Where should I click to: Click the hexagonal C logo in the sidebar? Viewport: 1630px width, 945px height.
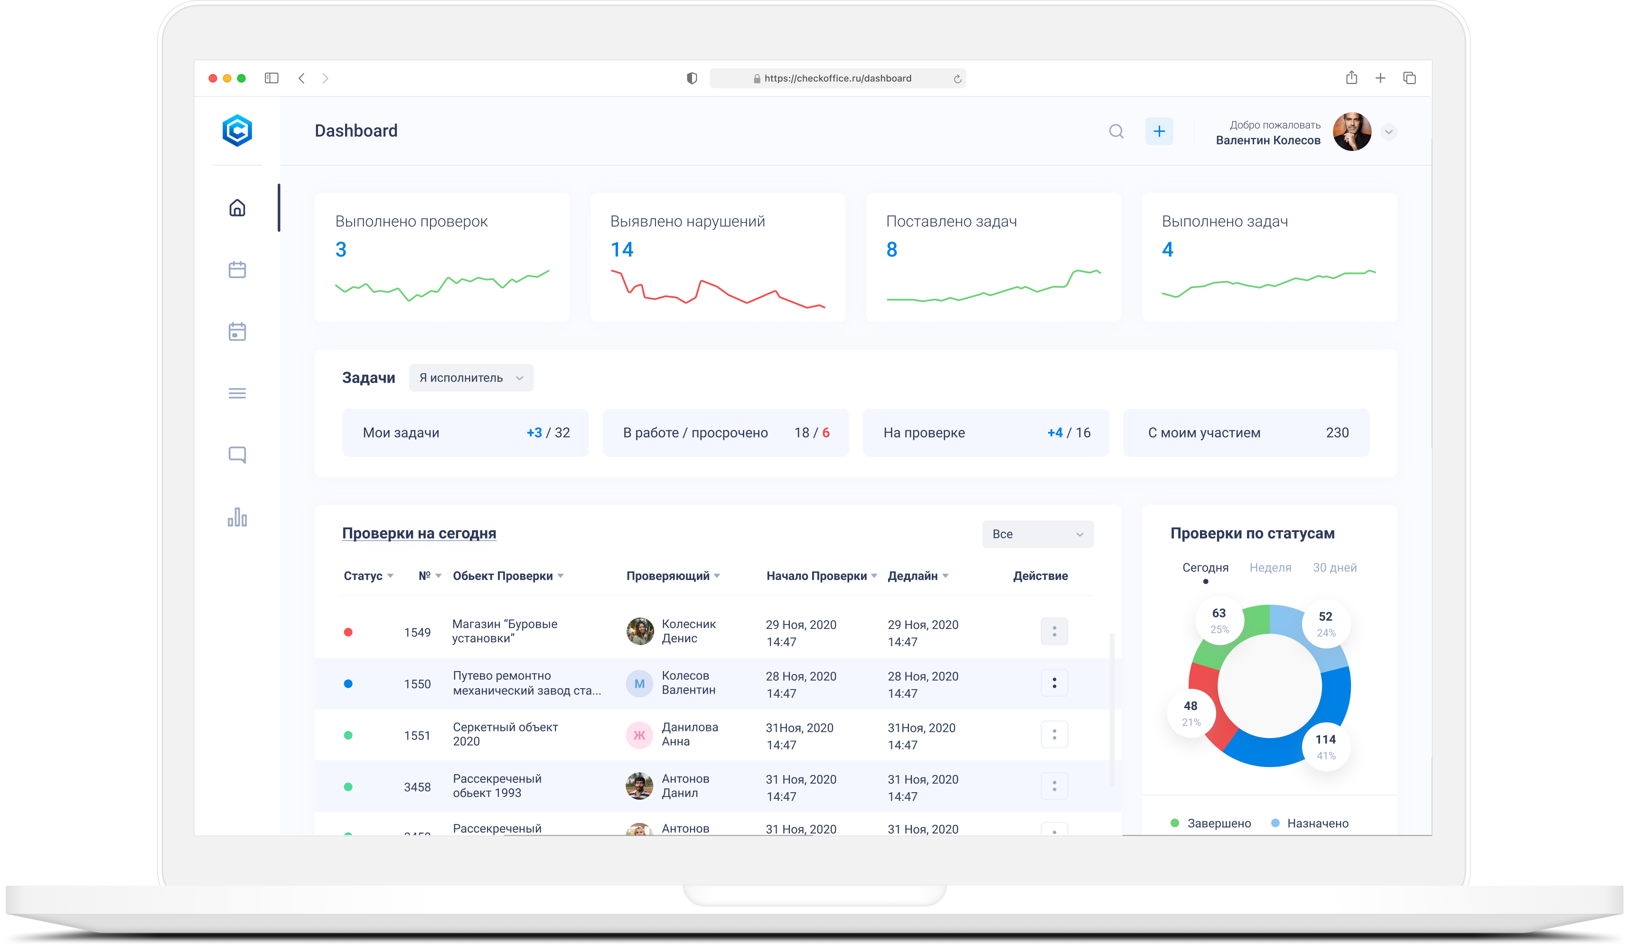(237, 131)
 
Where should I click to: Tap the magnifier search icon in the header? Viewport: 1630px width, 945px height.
(1116, 131)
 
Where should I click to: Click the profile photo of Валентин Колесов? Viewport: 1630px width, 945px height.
(1351, 132)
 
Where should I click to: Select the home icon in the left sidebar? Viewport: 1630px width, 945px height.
(237, 207)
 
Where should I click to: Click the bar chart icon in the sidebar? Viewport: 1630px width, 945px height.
(237, 517)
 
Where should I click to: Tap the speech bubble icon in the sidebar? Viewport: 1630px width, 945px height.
(237, 455)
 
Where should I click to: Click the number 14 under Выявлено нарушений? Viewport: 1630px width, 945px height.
(622, 250)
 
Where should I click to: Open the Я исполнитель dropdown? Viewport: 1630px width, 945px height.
(471, 378)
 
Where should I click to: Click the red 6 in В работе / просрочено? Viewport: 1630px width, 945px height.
(825, 433)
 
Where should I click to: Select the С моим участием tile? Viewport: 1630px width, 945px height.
(1246, 433)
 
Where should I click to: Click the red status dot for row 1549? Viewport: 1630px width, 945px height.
(348, 632)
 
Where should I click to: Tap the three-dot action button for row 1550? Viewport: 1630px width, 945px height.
(1054, 683)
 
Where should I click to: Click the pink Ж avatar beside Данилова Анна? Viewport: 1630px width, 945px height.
(639, 735)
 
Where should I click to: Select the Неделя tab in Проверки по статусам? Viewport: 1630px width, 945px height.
(1270, 567)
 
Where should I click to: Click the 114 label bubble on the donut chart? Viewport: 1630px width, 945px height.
(1325, 746)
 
